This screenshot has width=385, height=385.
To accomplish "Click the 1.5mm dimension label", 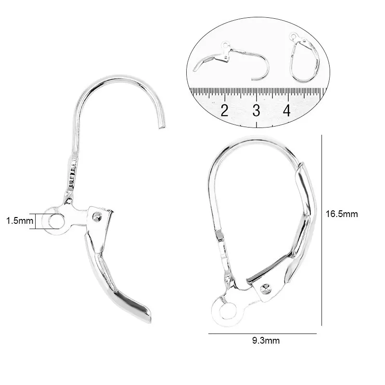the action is tap(19, 221).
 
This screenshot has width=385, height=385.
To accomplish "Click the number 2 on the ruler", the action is tap(224, 110).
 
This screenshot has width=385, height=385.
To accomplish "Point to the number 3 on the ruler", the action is tap(256, 110).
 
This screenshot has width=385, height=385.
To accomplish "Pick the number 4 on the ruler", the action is tap(286, 110).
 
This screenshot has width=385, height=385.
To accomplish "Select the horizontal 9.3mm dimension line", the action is tap(262, 333).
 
